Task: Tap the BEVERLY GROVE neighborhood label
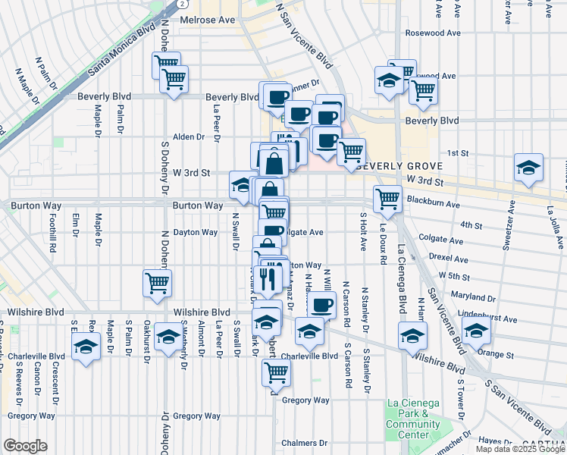[x=386, y=165]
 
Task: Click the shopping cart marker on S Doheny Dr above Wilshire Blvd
[x=157, y=284]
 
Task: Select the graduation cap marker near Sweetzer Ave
[x=528, y=168]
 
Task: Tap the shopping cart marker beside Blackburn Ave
[x=387, y=199]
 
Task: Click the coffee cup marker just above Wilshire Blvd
[x=322, y=305]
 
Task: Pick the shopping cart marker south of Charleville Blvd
[x=276, y=372]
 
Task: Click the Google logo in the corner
[x=25, y=446]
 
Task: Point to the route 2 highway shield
[x=184, y=4]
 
